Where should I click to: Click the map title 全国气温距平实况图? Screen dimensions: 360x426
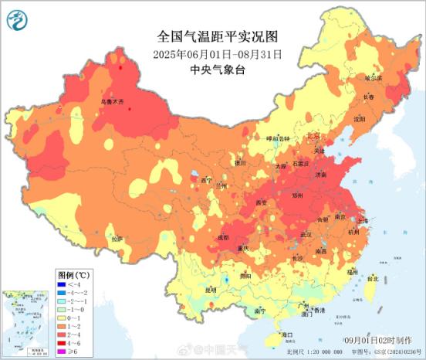[x=217, y=36]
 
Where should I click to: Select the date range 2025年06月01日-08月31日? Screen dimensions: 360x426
[x=217, y=54]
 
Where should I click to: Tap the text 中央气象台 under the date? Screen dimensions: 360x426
[x=217, y=70]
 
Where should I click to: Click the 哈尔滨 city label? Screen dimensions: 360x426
[x=373, y=78]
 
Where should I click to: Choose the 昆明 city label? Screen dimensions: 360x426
[x=211, y=290]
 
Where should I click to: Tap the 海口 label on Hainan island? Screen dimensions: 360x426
[x=287, y=334]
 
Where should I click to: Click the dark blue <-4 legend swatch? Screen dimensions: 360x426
[x=64, y=285]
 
